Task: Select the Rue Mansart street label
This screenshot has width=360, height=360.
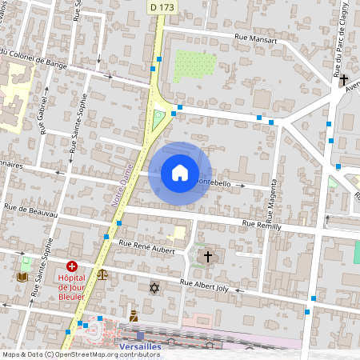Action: pyautogui.click(x=255, y=37)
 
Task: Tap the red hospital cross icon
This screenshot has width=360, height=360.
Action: pyautogui.click(x=72, y=266)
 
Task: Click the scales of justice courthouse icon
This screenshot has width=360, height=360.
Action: pyautogui.click(x=102, y=274)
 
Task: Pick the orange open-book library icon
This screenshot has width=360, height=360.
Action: pyautogui.click(x=22, y=277)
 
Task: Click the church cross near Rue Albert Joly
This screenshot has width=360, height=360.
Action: pyautogui.click(x=208, y=256)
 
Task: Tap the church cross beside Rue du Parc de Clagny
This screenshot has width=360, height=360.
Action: pyautogui.click(x=344, y=80)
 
